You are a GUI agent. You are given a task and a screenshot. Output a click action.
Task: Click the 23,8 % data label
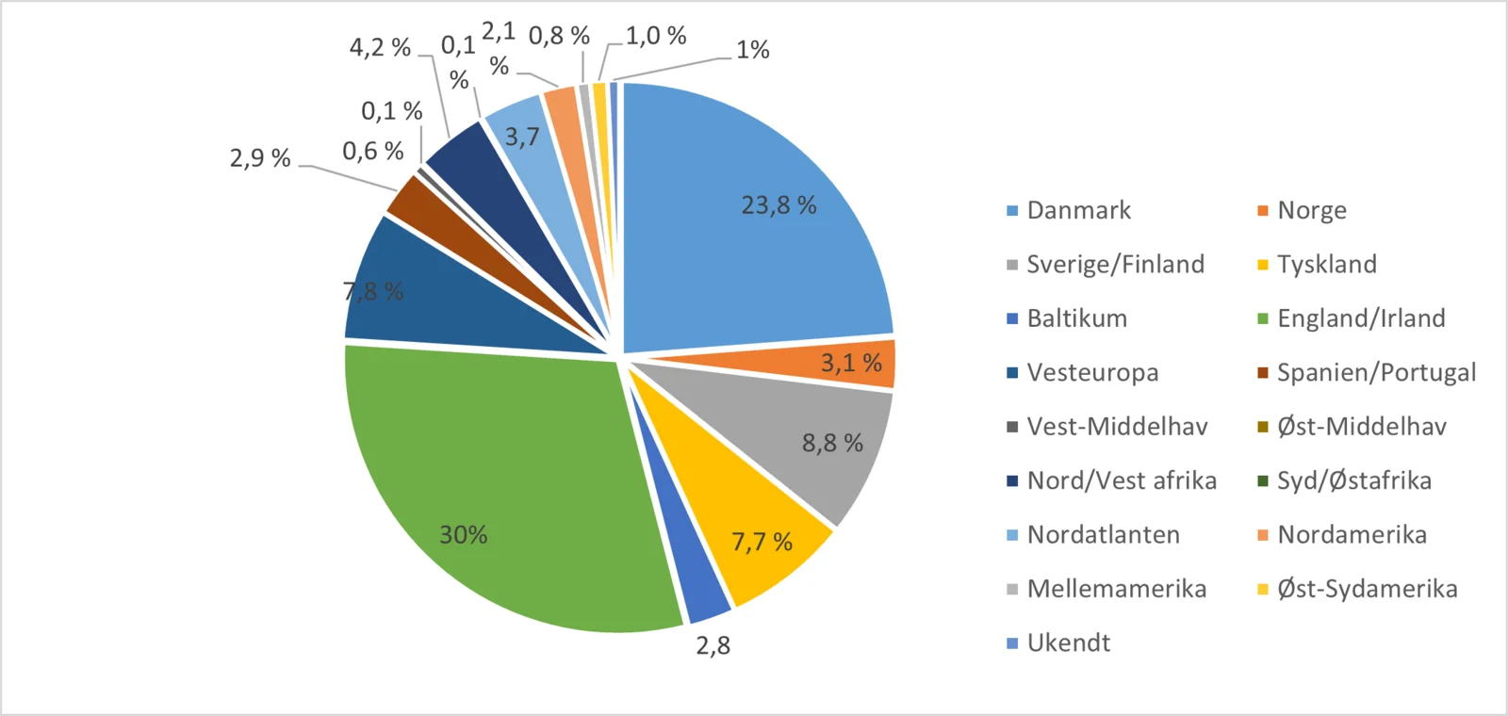(779, 205)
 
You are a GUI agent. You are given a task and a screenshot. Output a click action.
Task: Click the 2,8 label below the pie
(713, 645)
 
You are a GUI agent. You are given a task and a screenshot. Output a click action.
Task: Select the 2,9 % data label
(260, 158)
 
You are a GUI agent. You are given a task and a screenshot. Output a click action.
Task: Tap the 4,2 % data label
(380, 47)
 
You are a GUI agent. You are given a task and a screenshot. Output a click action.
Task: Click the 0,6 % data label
(372, 151)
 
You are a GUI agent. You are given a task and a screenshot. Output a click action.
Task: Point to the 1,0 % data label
(656, 36)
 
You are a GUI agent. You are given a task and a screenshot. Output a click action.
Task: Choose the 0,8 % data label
(559, 36)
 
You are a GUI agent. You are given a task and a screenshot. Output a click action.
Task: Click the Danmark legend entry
(1078, 210)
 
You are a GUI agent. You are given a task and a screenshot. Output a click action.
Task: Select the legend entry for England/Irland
(1361, 318)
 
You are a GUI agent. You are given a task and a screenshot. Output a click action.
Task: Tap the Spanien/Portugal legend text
(1376, 372)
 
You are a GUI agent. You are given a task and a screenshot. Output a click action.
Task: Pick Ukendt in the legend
(1068, 643)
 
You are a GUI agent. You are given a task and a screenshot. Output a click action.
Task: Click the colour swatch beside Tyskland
(1263, 265)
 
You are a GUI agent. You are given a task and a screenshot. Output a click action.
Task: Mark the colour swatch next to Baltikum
(1012, 318)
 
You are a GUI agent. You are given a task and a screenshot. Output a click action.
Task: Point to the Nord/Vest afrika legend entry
(1122, 480)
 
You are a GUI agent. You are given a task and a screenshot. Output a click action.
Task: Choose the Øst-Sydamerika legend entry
(1367, 589)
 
